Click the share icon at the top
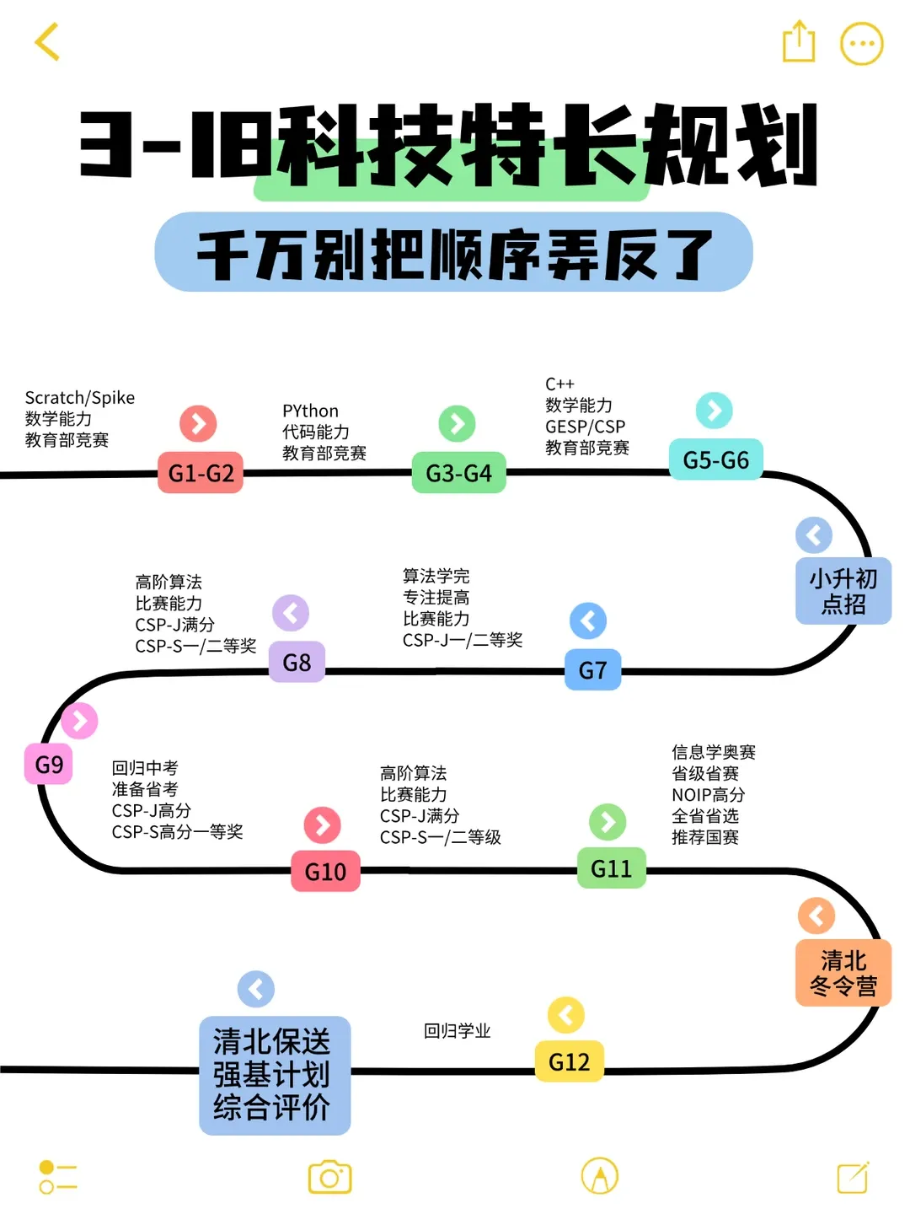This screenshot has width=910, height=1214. [798, 41]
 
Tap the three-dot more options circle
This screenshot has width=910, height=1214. [861, 44]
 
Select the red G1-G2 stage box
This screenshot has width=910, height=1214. [201, 473]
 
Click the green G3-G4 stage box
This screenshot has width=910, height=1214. [458, 473]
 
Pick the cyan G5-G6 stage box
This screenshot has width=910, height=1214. [715, 460]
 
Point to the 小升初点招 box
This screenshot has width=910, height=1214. [843, 591]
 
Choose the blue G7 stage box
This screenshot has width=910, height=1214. [592, 670]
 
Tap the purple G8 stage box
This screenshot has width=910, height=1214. [297, 663]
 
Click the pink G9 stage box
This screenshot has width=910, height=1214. [49, 765]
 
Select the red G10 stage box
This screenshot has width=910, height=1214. [325, 872]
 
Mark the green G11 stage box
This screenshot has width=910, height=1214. [611, 868]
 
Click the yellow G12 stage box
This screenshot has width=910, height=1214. [569, 1061]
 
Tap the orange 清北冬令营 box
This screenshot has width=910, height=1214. [843, 973]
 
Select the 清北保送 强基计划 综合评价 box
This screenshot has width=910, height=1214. [274, 1075]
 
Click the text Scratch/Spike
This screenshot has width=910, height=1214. [80, 398]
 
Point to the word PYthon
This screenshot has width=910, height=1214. [310, 411]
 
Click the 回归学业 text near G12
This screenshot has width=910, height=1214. [457, 1031]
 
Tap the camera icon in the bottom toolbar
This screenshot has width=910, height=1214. [329, 1177]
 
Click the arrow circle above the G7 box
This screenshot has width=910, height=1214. [588, 621]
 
